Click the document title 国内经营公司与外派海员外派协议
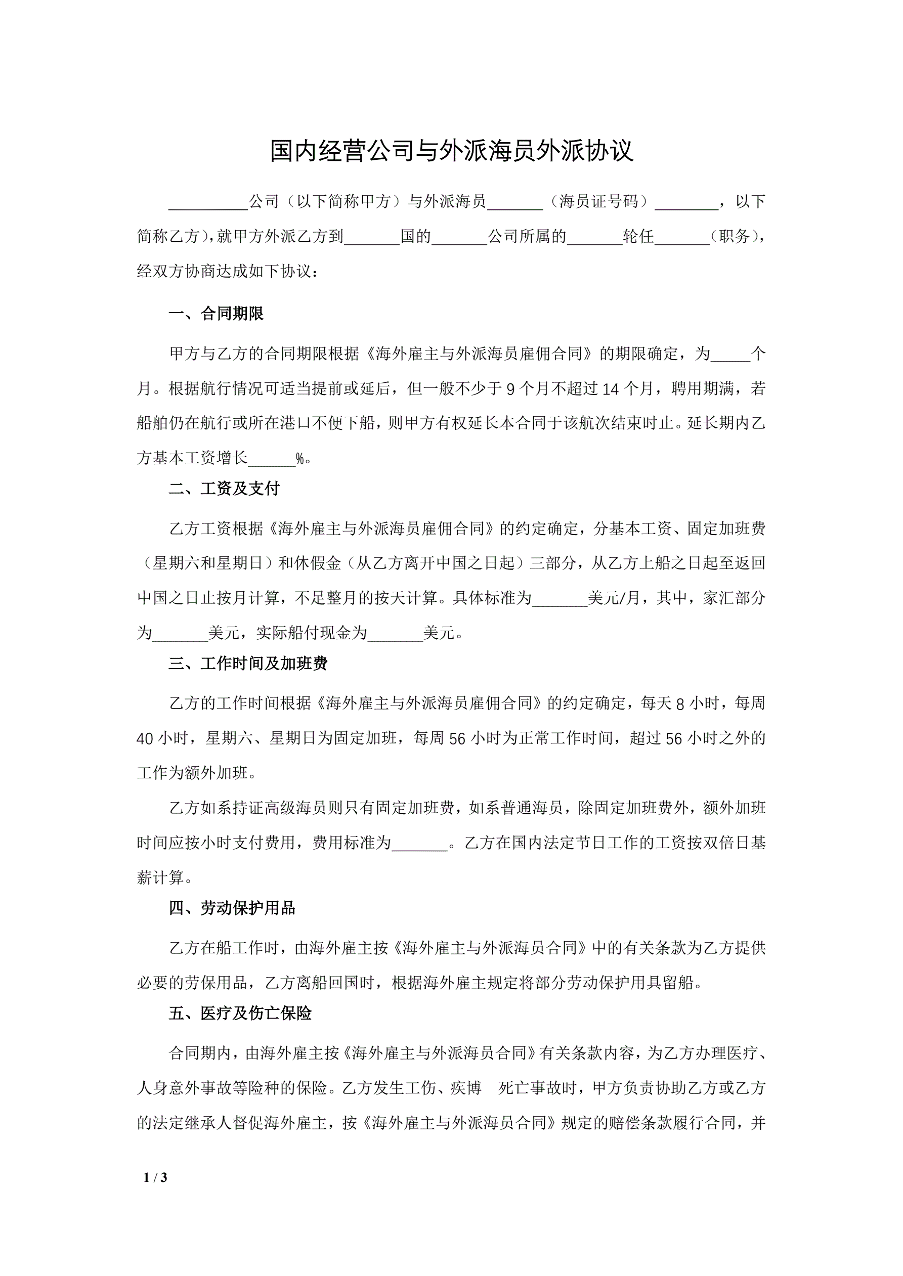pos(451,151)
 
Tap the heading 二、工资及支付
pos(224,489)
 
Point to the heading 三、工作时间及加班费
pos(248,664)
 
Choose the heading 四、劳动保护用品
pos(232,908)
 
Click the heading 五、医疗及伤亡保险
pos(240,1013)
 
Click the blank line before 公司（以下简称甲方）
pos(208,203)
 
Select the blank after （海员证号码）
pos(686,203)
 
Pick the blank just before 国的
pos(372,238)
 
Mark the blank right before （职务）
pos(682,238)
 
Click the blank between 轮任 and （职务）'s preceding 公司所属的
pos(594,238)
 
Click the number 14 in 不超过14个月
pos(610,389)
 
